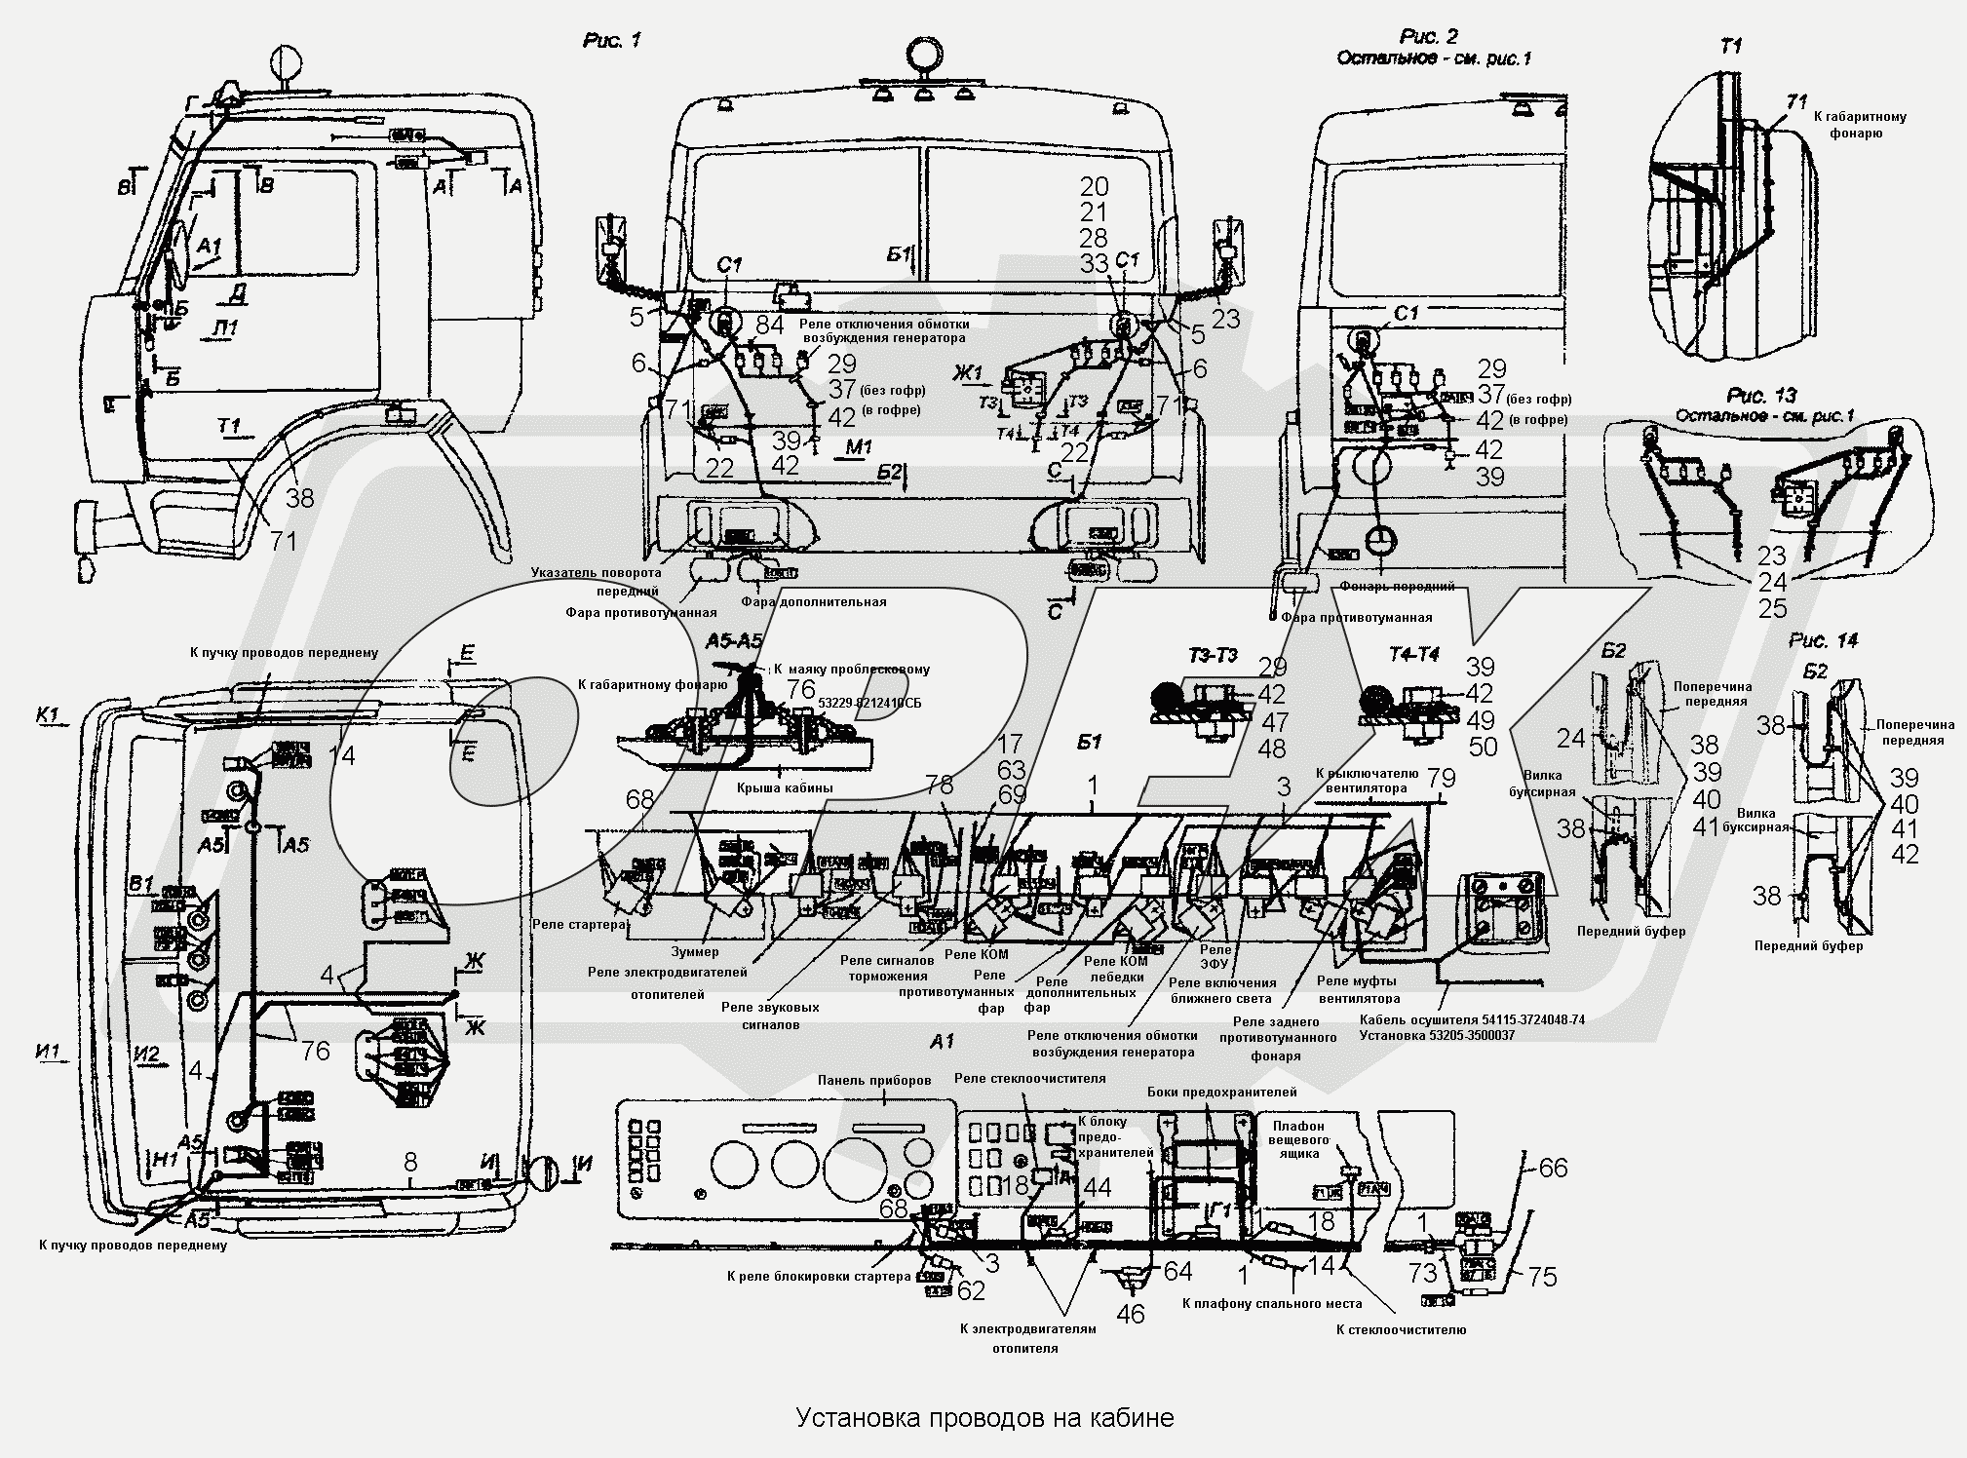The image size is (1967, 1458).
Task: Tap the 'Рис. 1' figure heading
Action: click(611, 41)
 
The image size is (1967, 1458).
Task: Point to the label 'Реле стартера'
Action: click(578, 924)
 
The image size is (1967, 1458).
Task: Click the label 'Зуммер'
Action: click(695, 951)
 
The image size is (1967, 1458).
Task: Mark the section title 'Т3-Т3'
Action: click(1213, 655)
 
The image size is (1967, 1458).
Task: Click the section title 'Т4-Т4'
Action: click(1410, 655)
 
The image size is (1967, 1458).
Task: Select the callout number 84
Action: click(770, 324)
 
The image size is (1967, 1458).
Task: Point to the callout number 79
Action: click(1441, 778)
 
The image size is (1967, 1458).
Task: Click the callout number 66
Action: click(1553, 1168)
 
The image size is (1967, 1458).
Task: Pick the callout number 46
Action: click(1131, 1314)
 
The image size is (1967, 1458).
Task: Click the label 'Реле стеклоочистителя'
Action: click(1029, 1079)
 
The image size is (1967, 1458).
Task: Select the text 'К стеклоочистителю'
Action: click(1401, 1329)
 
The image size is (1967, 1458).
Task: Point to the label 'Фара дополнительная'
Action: click(813, 601)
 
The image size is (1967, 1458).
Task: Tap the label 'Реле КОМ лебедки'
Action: click(1115, 969)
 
